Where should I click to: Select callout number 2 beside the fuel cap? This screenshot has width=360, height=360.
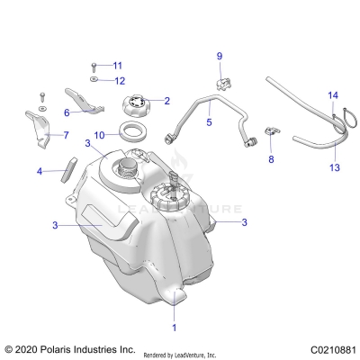166,101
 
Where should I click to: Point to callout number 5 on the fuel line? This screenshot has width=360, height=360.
208,121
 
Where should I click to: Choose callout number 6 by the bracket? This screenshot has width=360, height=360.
67,112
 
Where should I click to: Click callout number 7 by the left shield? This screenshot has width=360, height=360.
64,135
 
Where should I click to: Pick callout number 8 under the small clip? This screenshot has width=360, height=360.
269,159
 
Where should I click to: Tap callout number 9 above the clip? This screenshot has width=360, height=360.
219,58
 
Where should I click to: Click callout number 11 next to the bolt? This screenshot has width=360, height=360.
117,65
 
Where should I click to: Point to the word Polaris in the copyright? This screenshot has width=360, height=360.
64,348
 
